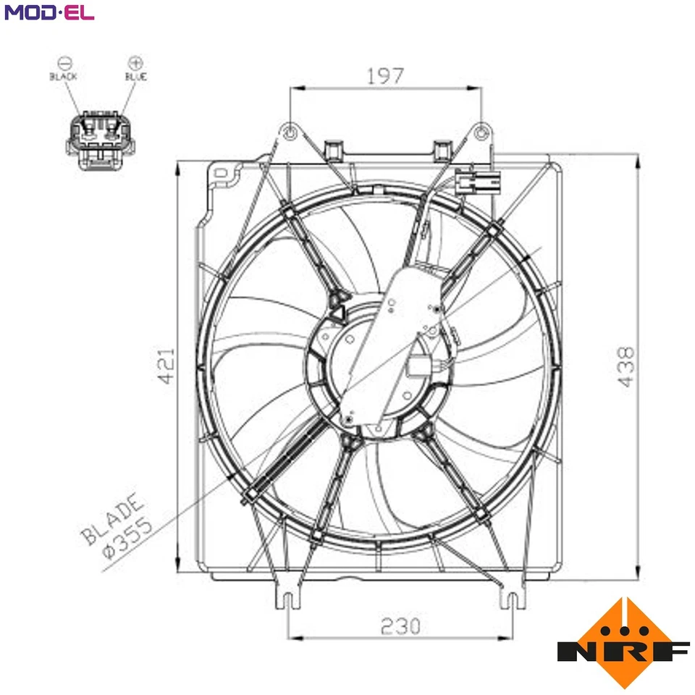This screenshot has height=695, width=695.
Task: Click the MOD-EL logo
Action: (49, 12)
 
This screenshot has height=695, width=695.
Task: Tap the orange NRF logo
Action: (623, 642)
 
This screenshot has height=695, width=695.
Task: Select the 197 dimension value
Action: (384, 75)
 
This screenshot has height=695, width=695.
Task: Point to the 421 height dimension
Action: (167, 366)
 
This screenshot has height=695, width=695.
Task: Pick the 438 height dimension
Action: (625, 366)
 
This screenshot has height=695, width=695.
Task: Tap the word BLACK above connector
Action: (63, 76)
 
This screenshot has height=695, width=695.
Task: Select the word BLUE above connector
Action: (135, 76)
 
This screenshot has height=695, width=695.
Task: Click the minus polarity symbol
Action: (64, 62)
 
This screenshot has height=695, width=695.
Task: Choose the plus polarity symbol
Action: (135, 62)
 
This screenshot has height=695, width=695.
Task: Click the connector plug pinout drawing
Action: (101, 140)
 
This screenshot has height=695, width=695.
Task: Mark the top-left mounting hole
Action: (290, 133)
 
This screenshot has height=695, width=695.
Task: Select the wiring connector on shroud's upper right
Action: (478, 182)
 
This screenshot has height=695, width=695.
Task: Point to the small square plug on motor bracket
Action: (419, 366)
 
